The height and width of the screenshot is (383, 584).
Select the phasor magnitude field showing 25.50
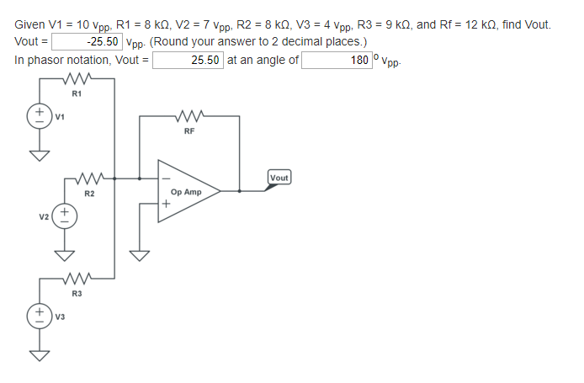188,60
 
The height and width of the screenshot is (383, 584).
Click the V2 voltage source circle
65,216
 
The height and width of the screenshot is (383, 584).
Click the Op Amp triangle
185,192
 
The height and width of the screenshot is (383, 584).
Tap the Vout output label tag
279,178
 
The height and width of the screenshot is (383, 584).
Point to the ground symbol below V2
65,254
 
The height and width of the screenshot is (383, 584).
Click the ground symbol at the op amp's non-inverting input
140,254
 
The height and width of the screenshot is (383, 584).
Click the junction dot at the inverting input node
140,178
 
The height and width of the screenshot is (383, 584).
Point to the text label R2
88,194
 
